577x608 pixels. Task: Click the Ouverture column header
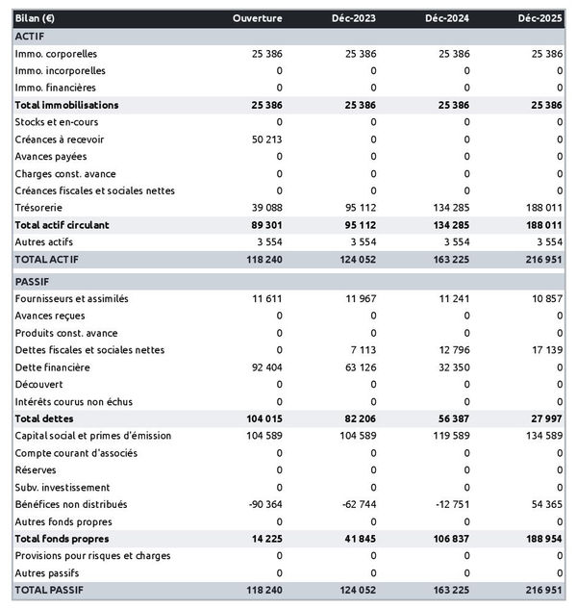tap(258, 18)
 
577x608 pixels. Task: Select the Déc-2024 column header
tap(446, 18)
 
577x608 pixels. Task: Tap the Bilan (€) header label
tap(35, 18)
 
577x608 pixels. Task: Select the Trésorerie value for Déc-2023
tap(358, 207)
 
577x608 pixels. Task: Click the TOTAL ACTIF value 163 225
tap(451, 259)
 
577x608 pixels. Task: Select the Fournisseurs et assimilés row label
tap(71, 298)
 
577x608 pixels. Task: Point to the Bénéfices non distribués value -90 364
tap(262, 504)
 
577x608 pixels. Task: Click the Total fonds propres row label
tap(61, 538)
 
